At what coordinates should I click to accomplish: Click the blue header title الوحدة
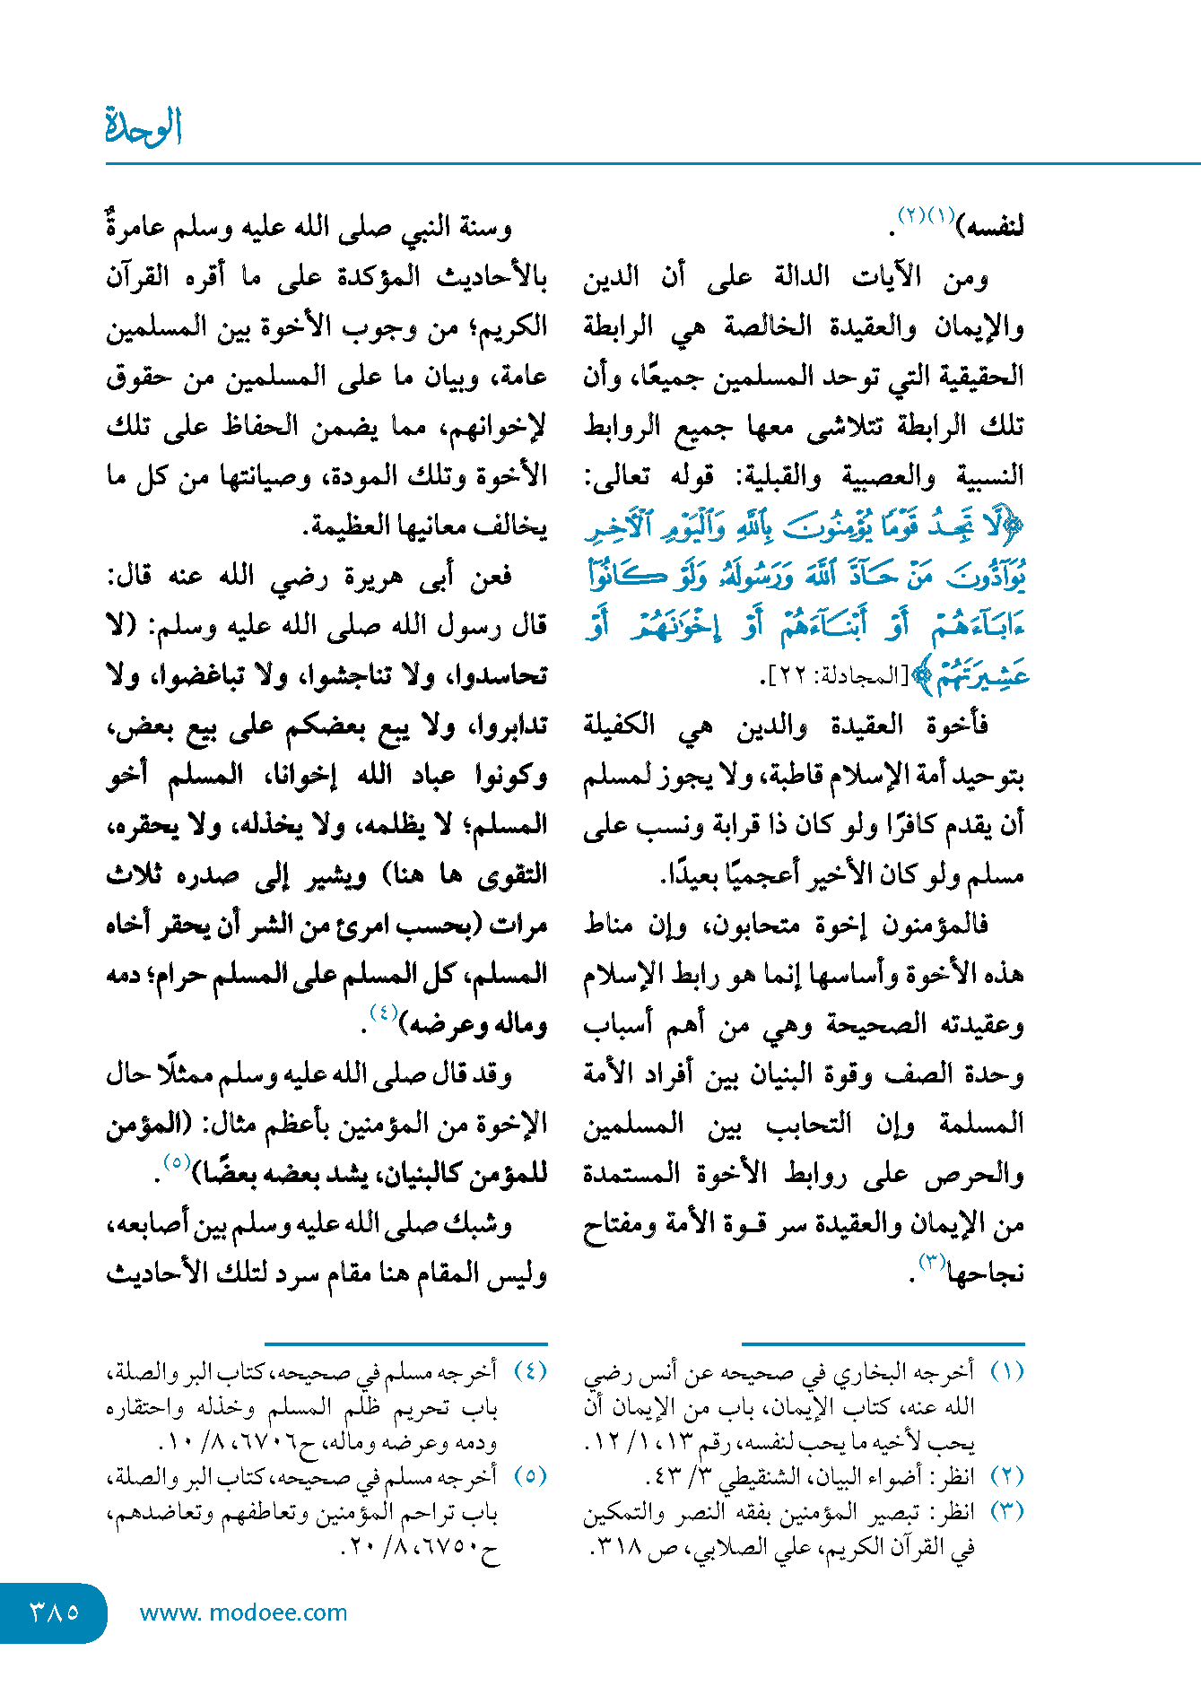[x=144, y=126]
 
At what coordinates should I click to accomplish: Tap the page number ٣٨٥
[x=54, y=1612]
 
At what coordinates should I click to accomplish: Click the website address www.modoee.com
[x=243, y=1612]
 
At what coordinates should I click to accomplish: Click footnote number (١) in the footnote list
[x=1006, y=1372]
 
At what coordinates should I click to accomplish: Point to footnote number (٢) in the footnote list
[x=1006, y=1476]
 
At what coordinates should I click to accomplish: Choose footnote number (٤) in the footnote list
[x=530, y=1372]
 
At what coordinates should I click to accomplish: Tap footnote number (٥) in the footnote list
[x=530, y=1476]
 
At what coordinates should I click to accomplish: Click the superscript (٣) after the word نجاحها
[x=931, y=1263]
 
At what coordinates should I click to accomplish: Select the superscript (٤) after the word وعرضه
[x=383, y=1013]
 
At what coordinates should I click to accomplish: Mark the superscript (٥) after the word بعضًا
[x=175, y=1162]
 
